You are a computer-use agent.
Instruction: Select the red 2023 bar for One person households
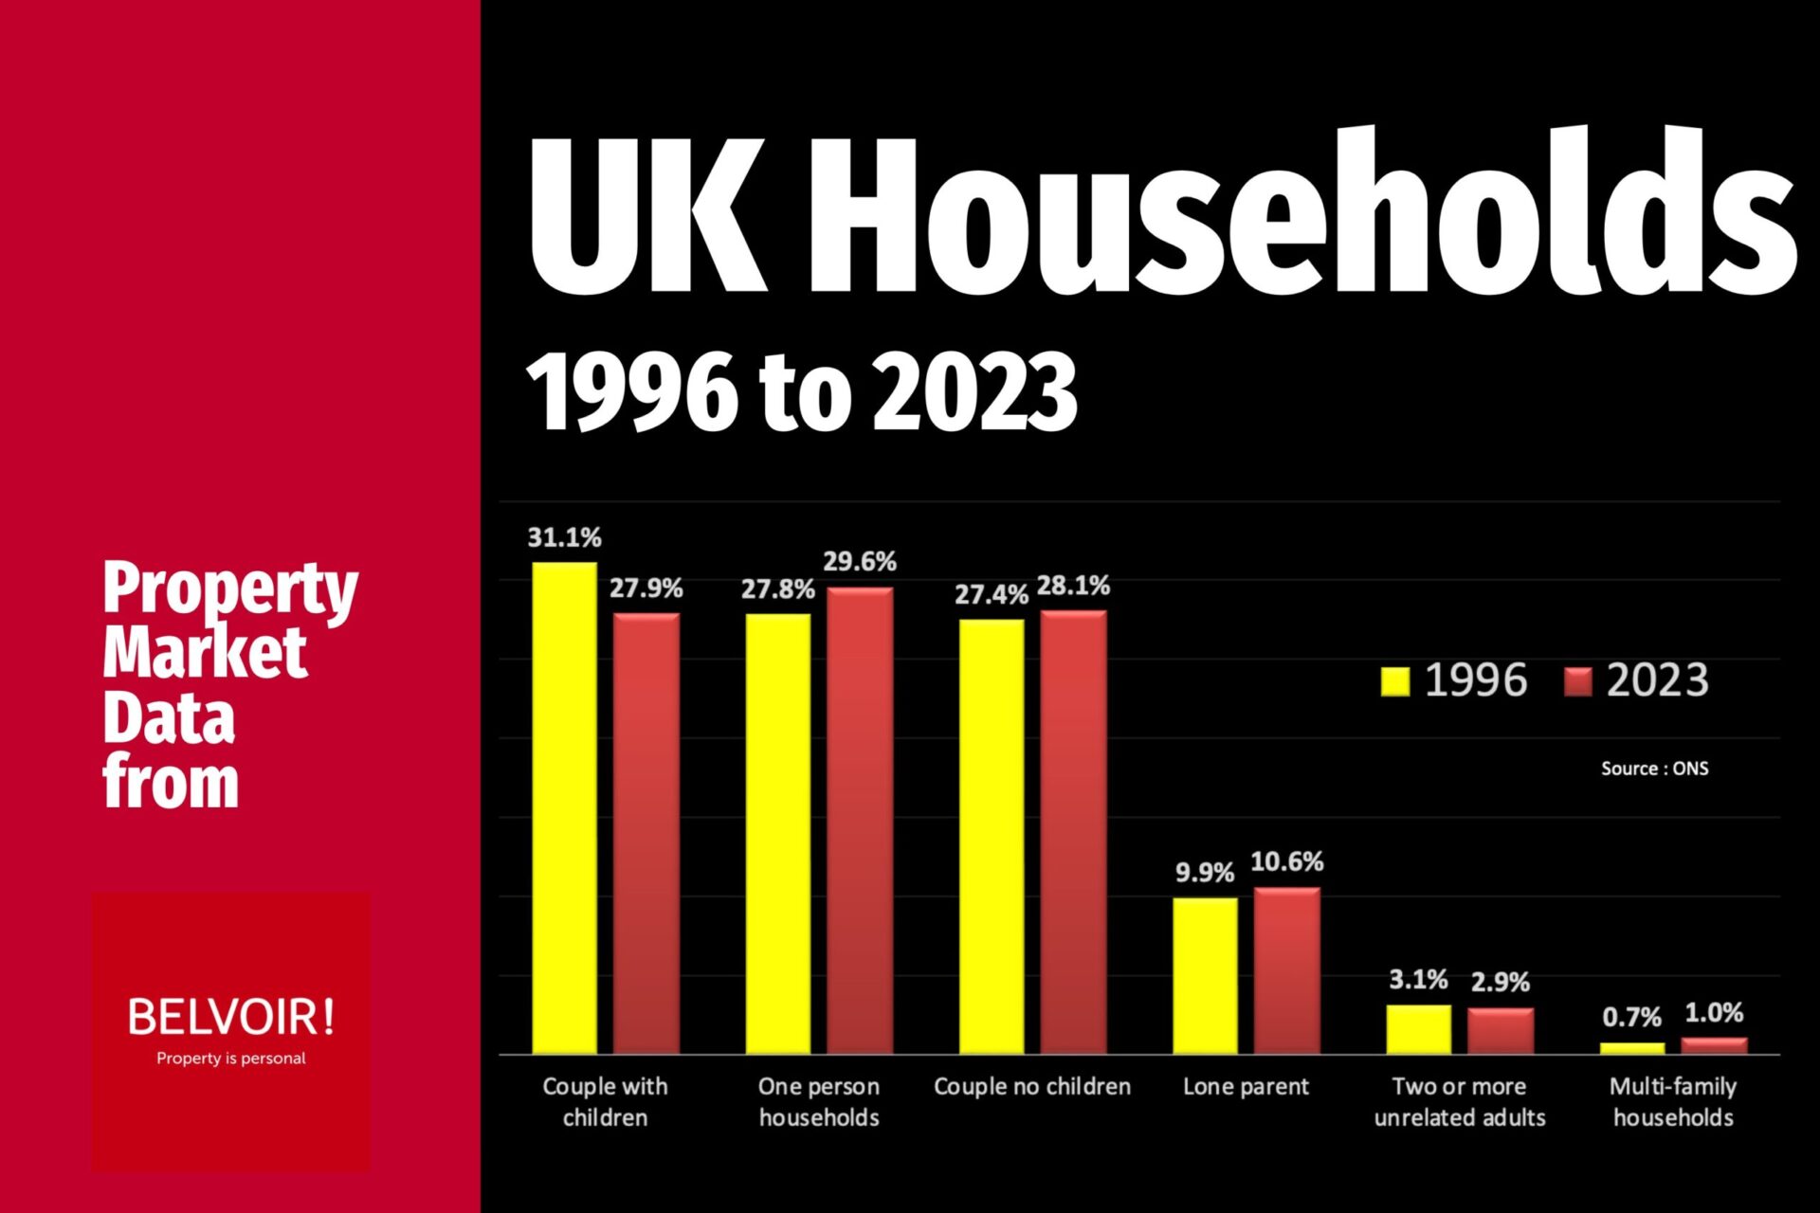860,821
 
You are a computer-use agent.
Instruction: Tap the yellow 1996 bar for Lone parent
1205,975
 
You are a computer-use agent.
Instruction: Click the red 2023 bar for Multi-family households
1714,1045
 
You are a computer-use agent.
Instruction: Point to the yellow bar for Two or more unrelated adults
1418,1029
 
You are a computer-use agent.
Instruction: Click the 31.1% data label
564,537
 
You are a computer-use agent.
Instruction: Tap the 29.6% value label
859,561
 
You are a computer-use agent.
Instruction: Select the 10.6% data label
1286,861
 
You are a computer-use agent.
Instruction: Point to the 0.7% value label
1631,1017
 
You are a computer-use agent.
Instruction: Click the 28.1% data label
1073,586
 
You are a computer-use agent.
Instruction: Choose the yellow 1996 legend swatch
1394,680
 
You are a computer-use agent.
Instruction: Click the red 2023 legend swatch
1577,680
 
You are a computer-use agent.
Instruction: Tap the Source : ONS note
1654,769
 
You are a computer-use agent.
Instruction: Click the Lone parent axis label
1246,1086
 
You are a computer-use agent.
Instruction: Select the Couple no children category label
1031,1086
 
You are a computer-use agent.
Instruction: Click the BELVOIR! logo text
230,1017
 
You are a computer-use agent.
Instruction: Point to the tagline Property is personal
230,1059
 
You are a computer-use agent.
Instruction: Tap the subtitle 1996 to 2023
802,391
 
